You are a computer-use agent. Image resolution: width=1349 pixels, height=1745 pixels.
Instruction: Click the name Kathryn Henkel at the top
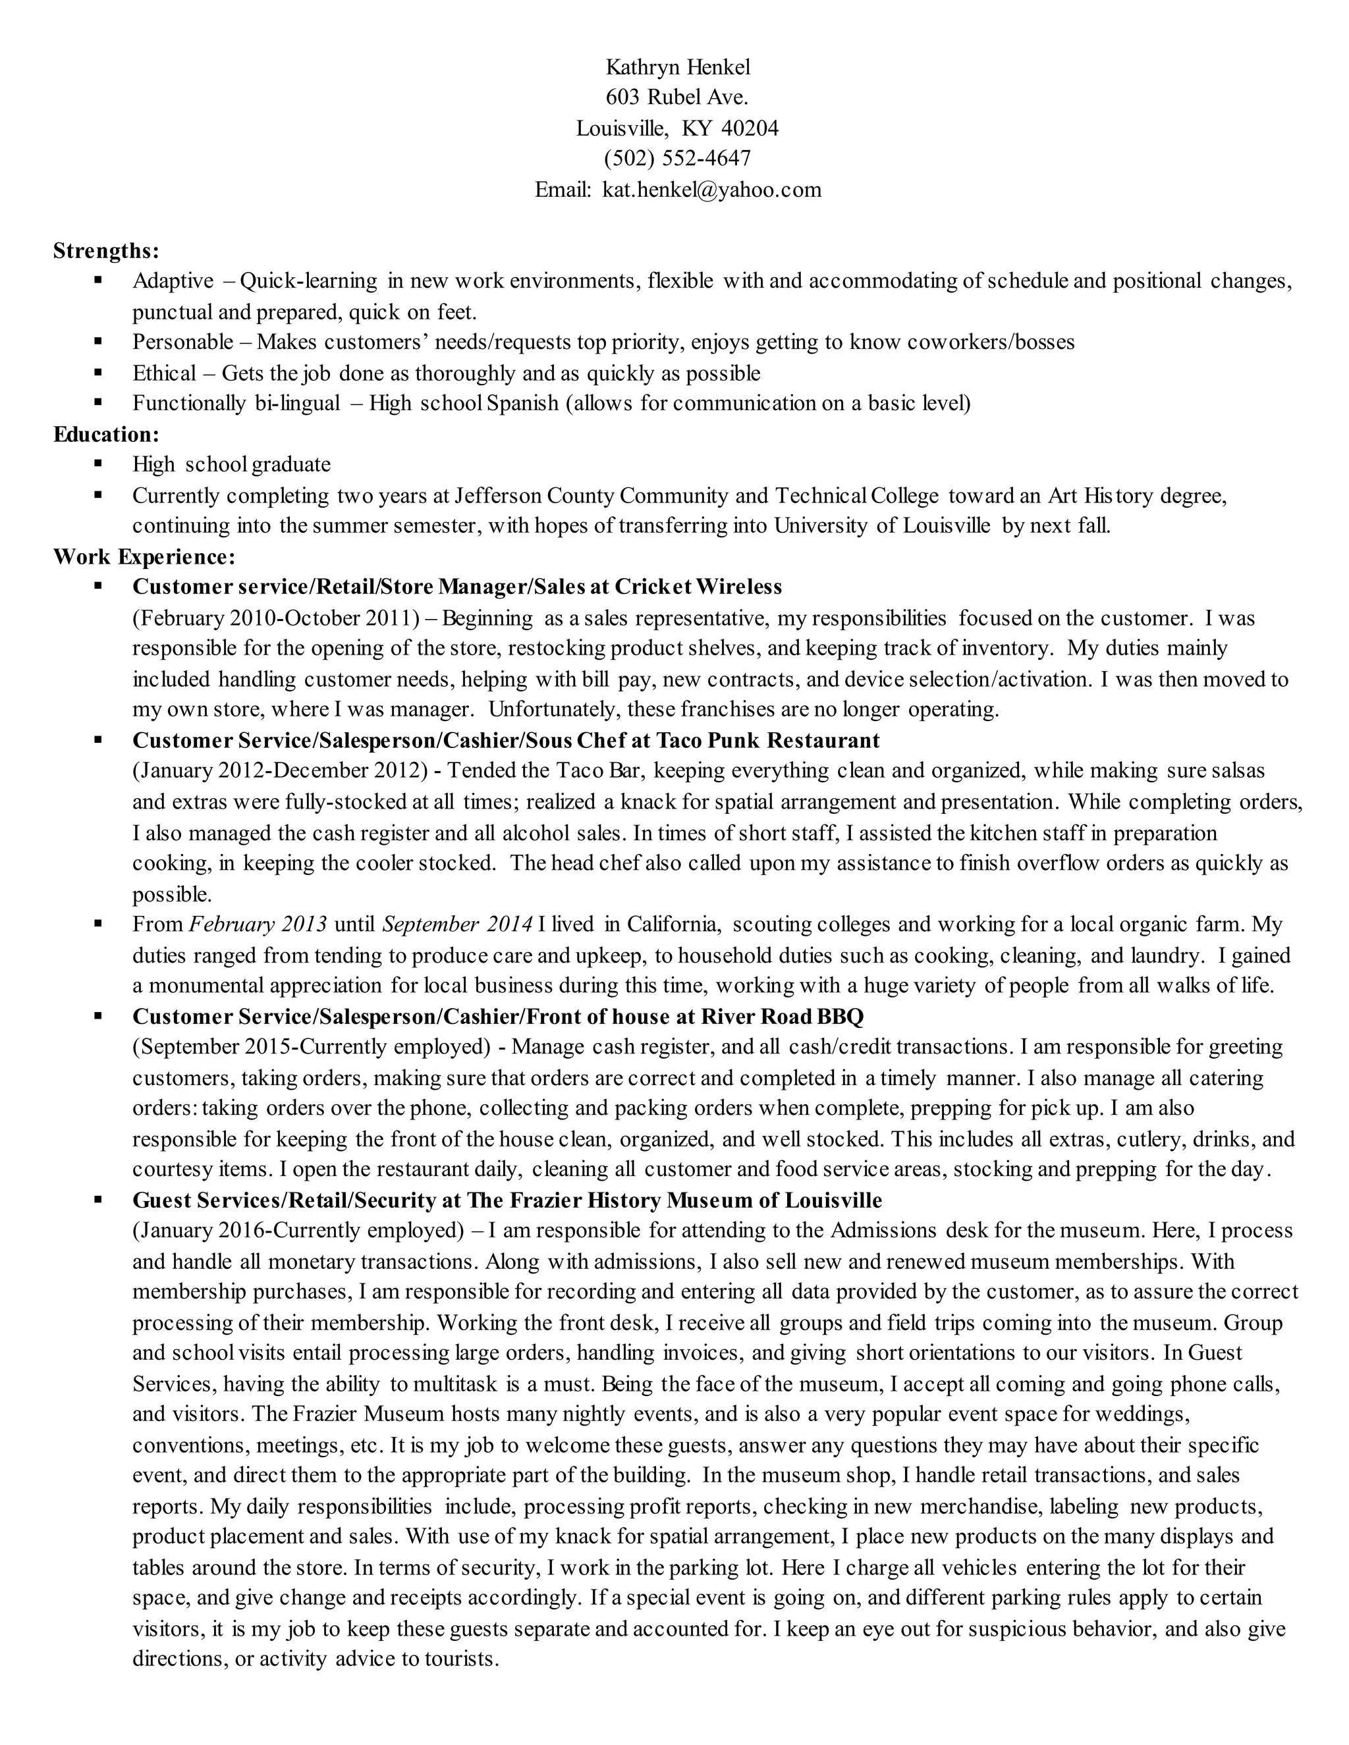pos(678,67)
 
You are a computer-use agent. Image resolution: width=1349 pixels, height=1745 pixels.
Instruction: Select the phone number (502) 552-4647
pos(678,158)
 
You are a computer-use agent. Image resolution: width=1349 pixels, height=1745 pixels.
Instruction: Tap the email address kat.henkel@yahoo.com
pos(711,190)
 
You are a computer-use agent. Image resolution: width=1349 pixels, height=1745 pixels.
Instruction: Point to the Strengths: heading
pos(106,251)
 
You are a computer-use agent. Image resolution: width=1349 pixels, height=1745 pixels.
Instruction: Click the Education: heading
pos(106,434)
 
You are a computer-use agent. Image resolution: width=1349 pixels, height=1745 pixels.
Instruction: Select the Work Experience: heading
pos(144,556)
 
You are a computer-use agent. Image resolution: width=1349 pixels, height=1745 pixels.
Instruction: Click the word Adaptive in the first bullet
pos(173,281)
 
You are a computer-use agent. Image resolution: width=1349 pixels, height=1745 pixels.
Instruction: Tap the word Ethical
pos(164,373)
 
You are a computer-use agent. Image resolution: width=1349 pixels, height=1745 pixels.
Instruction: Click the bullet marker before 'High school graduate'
pos(98,464)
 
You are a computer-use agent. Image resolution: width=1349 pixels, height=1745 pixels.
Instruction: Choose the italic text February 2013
pos(258,925)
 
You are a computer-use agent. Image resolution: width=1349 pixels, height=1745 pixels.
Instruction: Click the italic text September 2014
pos(457,925)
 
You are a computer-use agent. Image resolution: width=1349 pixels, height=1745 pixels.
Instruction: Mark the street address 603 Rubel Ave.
pos(677,97)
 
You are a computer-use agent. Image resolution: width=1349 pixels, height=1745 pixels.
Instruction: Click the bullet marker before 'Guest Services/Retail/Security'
pos(98,1199)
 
